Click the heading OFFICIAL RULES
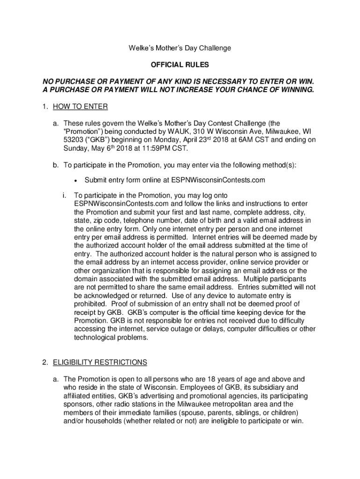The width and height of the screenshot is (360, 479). pos(180,65)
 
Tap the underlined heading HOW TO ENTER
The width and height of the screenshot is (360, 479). pos(80,107)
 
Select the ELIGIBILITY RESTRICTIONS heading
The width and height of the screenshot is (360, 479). pos(100,362)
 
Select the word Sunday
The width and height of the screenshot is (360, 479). pos(75,148)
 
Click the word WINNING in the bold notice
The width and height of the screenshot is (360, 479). pos(291,89)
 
